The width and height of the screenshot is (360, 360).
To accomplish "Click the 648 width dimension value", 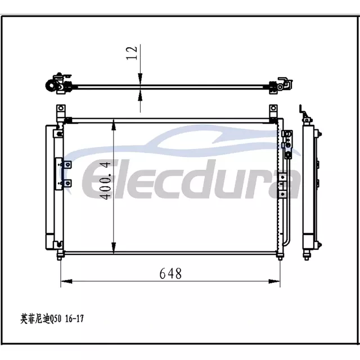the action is pos(170,273).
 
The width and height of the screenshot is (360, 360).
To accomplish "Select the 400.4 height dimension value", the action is pos(106,181).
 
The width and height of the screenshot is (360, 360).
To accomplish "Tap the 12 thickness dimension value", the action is pos(132,53).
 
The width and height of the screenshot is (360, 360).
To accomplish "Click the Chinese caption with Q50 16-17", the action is pos(52,319).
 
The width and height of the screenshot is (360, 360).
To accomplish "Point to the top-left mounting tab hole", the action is pos(61,108).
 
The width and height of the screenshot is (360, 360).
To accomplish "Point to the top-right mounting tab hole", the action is pos(273,108).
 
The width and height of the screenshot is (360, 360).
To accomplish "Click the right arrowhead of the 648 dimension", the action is pos(274,281).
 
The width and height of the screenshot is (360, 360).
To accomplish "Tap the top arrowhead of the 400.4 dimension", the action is pos(114,125).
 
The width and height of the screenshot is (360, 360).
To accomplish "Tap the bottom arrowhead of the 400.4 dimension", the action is pos(114,247).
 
